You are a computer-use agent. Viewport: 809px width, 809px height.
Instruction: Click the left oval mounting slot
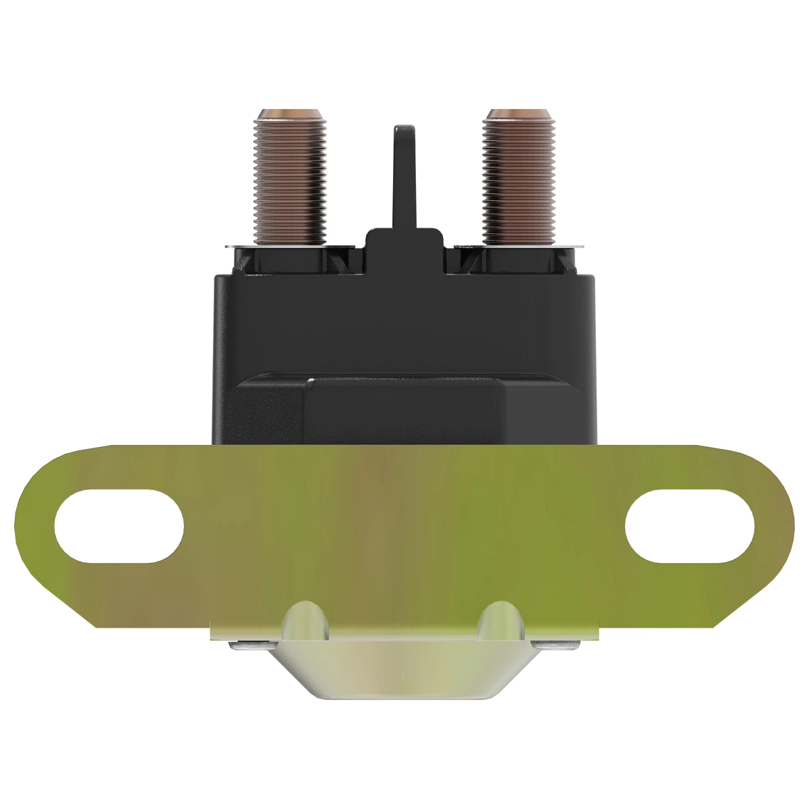point(119,526)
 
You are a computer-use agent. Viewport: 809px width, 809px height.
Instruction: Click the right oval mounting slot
point(690,526)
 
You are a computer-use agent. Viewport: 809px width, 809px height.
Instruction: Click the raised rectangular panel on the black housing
point(404,408)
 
